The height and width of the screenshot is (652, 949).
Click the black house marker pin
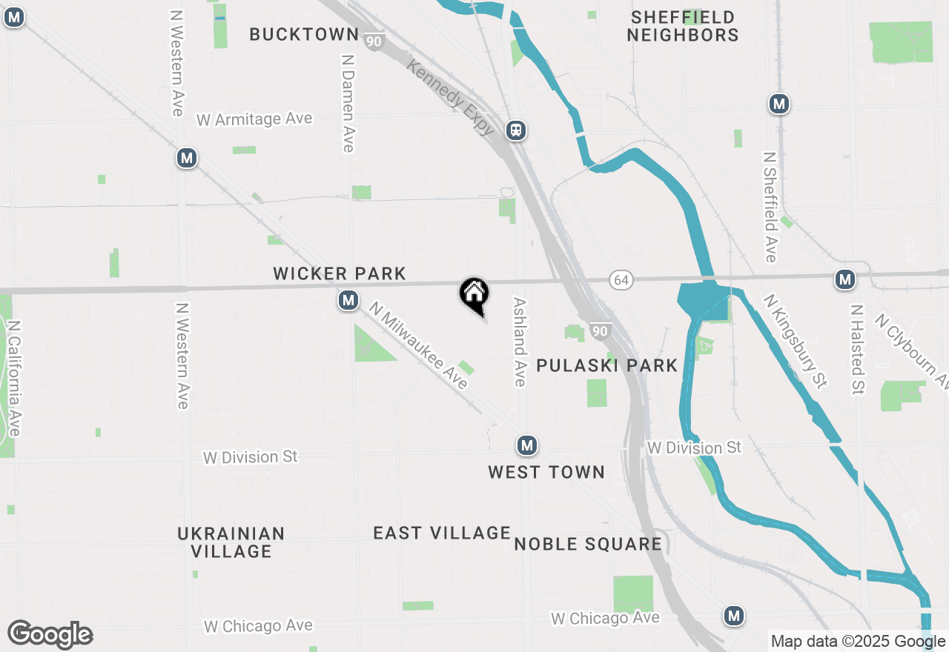474,294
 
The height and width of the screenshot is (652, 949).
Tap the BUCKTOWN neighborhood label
304,34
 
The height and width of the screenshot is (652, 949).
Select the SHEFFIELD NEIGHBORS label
683,26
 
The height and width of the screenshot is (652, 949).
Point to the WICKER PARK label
340,274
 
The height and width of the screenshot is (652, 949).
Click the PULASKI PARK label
606,365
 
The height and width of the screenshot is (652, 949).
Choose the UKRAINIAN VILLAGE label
231,542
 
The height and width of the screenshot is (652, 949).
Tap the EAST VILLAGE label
442,533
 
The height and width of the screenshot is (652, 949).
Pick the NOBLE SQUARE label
588,545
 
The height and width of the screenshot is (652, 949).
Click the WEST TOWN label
546,472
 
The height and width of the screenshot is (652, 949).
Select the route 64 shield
621,279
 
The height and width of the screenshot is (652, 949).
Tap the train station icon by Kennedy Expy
516,130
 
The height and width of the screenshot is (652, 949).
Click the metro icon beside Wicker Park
348,300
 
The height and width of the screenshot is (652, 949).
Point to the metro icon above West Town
526,445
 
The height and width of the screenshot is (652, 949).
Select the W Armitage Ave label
254,119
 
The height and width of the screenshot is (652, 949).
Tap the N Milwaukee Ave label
420,345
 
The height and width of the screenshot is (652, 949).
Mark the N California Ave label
14,378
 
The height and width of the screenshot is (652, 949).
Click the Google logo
50,634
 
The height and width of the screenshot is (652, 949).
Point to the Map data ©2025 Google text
858,642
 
